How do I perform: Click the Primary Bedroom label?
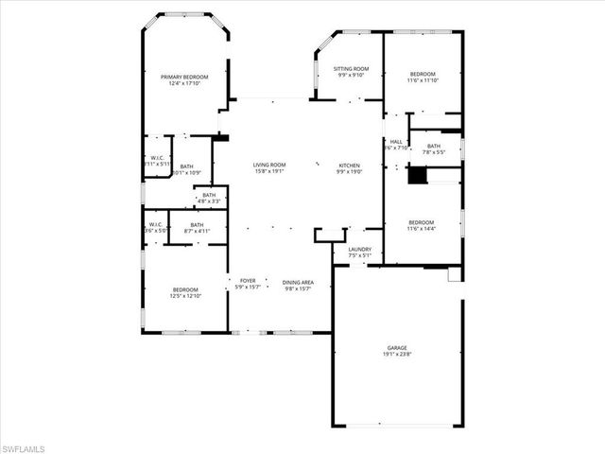184,77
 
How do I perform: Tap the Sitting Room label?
351,69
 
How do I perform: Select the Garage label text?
397,348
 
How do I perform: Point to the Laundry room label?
360,249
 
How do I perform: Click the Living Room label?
269,166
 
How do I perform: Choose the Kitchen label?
350,166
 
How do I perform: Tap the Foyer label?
248,280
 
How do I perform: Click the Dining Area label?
299,280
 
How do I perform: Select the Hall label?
396,141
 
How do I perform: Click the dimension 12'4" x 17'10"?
184,84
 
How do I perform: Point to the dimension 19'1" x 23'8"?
397,356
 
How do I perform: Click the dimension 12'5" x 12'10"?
185,297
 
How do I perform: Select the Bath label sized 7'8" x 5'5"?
434,146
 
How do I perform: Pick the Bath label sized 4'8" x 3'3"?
209,195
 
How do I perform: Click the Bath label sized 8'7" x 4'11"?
198,224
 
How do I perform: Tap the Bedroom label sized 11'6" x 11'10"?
423,74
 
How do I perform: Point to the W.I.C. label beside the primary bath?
158,158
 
